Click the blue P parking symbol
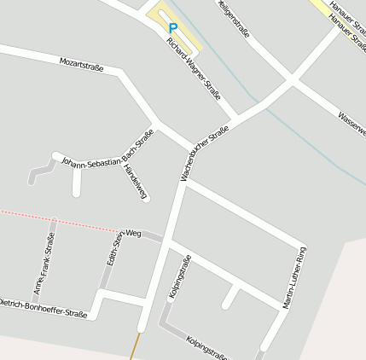tap(173, 27)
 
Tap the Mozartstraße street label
tap(81, 65)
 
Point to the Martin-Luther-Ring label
tap(294, 278)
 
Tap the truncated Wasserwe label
tap(351, 125)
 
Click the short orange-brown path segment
tap(133, 346)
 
